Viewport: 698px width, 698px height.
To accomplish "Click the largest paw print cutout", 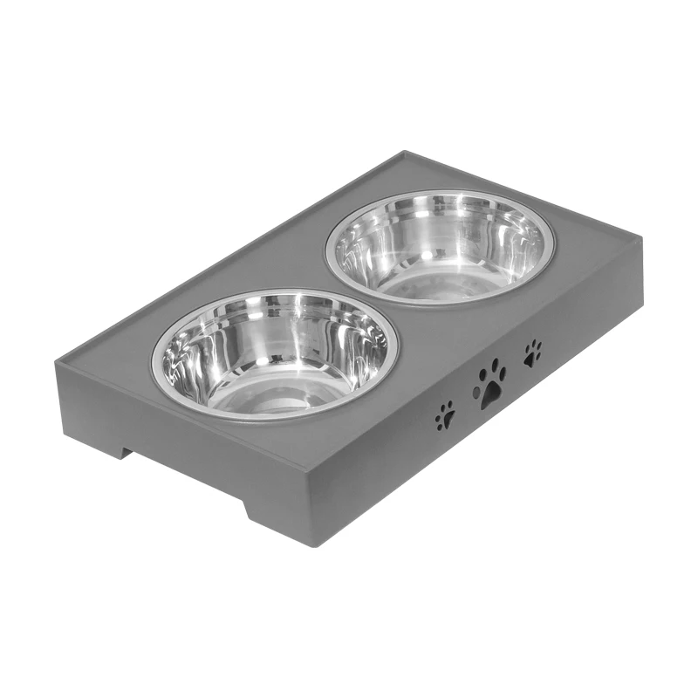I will coord(491,384).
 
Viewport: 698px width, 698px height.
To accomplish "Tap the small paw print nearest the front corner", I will coord(445,414).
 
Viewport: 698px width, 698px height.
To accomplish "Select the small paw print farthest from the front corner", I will coord(532,352).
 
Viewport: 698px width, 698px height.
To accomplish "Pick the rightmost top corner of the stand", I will coord(641,242).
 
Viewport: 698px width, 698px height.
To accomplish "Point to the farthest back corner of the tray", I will coord(403,154).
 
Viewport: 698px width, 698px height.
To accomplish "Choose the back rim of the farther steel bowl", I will coord(445,194).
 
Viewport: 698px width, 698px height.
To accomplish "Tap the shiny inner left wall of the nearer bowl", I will coord(179,358).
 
